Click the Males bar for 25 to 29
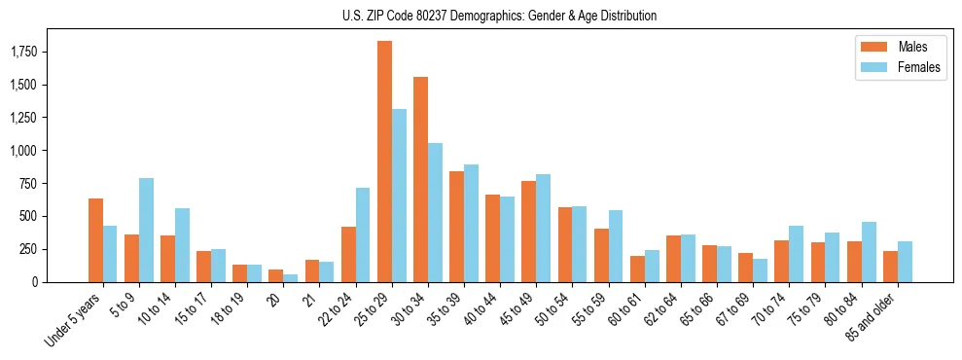tap(385, 162)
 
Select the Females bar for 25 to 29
tap(400, 196)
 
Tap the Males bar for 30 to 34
tap(421, 179)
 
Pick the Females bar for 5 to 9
tap(147, 230)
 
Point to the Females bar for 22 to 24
tap(364, 234)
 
